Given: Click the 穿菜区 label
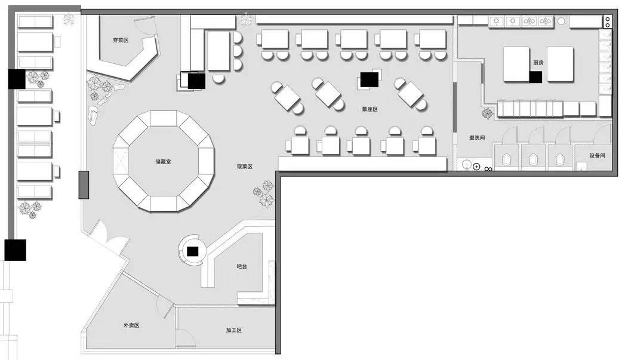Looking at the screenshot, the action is tap(121, 40).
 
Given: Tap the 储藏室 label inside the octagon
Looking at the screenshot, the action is tap(164, 161).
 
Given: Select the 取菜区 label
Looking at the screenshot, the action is tap(245, 167).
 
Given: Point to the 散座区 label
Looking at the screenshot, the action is tap(370, 109).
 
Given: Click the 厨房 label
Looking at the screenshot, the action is tap(538, 63).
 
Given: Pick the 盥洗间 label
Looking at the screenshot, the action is tap(477, 138).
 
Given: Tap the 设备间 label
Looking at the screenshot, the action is tap(598, 155).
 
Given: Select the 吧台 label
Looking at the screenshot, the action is tap(242, 266).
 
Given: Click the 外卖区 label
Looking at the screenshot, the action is tap(131, 325).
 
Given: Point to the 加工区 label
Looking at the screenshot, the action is tap(234, 330).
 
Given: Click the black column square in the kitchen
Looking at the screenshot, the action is tap(535, 77).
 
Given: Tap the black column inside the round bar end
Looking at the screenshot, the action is tap(193, 251).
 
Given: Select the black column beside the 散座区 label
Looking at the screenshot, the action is tap(370, 79).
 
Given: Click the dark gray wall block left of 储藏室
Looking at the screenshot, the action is tap(84, 184).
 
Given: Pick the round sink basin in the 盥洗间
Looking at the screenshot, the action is tap(466, 164).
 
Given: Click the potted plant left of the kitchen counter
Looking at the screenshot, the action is tap(488, 113).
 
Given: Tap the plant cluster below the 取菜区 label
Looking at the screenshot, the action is tap(264, 193).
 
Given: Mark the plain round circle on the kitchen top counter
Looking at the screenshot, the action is tap(561, 21).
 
